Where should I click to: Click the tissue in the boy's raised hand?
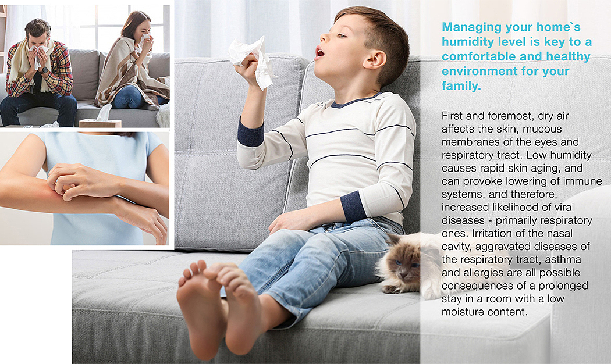coord(251,60)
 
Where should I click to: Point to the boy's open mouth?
coord(319,52)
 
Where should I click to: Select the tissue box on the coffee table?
coord(100,123)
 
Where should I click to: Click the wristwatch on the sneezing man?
coord(44,70)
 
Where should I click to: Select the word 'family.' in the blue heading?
coord(461,85)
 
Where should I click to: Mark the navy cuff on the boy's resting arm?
coord(353,206)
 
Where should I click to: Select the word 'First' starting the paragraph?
coord(452,116)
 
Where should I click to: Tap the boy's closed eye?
coord(342,36)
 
